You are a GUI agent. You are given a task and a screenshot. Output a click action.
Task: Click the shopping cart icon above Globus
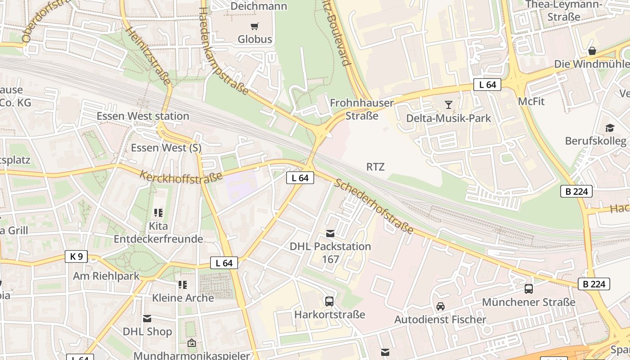click(x=255, y=26)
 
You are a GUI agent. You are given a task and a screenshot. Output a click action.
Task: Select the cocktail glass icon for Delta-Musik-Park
click(x=448, y=105)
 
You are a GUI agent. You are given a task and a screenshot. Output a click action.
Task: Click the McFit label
click(x=531, y=101)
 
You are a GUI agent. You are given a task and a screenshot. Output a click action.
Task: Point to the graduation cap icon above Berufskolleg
click(x=610, y=128)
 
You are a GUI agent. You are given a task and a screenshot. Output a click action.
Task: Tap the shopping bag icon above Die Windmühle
click(x=592, y=51)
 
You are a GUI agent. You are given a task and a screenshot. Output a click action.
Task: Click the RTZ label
click(x=375, y=167)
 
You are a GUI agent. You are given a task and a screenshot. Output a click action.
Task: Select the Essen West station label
click(x=143, y=116)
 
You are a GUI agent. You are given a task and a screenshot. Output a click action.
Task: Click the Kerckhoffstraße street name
click(x=181, y=177)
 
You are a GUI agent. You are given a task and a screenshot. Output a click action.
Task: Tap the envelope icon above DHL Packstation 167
click(x=330, y=233)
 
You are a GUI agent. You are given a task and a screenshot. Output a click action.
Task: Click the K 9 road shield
click(x=76, y=256)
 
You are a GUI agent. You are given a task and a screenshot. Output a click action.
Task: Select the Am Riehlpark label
click(x=106, y=276)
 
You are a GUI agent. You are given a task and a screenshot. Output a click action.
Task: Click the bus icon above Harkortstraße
click(x=329, y=301)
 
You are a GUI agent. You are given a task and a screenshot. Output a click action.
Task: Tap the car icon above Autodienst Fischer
click(x=440, y=306)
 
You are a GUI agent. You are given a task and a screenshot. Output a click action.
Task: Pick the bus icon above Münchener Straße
click(x=528, y=289)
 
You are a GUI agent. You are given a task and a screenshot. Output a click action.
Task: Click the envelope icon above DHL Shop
click(x=147, y=319)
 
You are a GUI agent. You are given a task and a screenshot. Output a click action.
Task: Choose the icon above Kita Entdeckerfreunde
click(x=158, y=212)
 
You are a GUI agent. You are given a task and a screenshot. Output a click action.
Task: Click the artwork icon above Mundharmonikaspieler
click(x=191, y=343)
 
